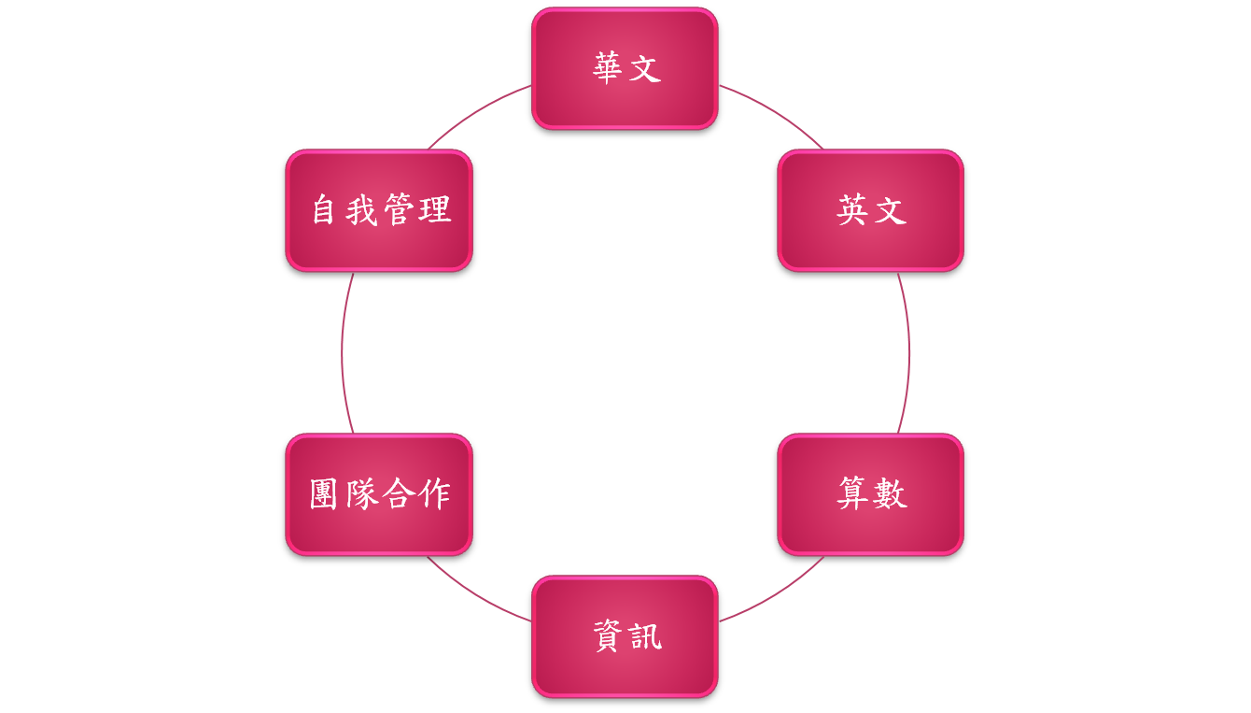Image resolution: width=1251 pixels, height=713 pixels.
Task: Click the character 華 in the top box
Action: (607, 68)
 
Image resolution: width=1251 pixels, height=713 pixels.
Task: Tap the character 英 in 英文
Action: (852, 210)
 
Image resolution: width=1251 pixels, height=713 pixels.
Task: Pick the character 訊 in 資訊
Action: (644, 636)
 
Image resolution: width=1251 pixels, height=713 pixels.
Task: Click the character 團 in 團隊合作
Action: (324, 494)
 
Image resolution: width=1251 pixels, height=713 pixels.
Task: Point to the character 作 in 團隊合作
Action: (435, 494)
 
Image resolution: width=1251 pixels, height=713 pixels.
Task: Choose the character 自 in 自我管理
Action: (324, 210)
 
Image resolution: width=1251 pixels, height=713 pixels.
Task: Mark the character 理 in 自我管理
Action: (435, 210)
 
